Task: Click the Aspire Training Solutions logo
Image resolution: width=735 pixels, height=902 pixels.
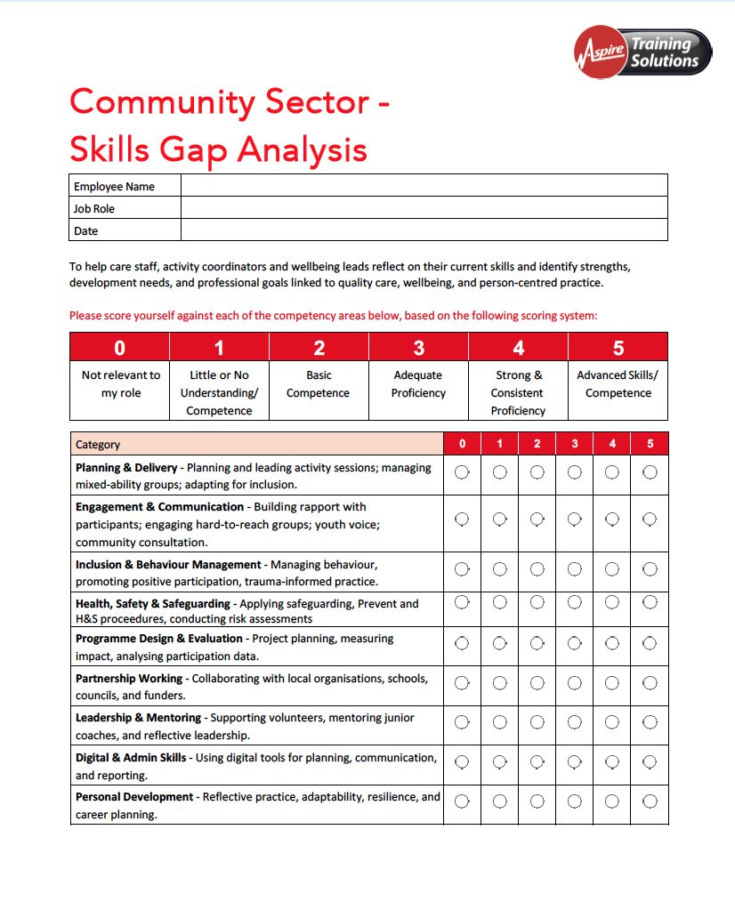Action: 642,52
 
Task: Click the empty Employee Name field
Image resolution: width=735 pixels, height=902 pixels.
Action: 424,186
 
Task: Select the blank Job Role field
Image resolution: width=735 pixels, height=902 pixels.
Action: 424,208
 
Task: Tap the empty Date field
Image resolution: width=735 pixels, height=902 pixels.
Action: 424,230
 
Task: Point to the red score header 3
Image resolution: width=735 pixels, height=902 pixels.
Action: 418,348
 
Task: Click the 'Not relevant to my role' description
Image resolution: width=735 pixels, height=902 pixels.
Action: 120,384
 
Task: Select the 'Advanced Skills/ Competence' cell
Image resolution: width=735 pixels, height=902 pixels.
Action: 618,384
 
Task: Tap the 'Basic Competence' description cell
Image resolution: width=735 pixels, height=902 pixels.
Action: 319,384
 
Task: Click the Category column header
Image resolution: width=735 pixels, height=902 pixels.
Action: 98,444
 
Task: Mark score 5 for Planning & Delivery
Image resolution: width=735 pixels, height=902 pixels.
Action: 650,471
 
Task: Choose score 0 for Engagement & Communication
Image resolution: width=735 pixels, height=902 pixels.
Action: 462,519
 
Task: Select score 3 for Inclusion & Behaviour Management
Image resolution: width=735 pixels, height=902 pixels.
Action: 575,568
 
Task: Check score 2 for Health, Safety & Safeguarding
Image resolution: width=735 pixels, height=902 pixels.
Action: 537,602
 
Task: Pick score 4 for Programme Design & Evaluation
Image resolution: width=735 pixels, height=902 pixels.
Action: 612,642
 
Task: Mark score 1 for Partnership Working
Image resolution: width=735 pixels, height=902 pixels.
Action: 500,683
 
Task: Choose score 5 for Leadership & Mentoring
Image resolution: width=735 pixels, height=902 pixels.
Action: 650,722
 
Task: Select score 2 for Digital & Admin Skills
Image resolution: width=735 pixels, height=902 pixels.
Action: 537,762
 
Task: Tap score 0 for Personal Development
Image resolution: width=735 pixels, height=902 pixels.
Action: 462,801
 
